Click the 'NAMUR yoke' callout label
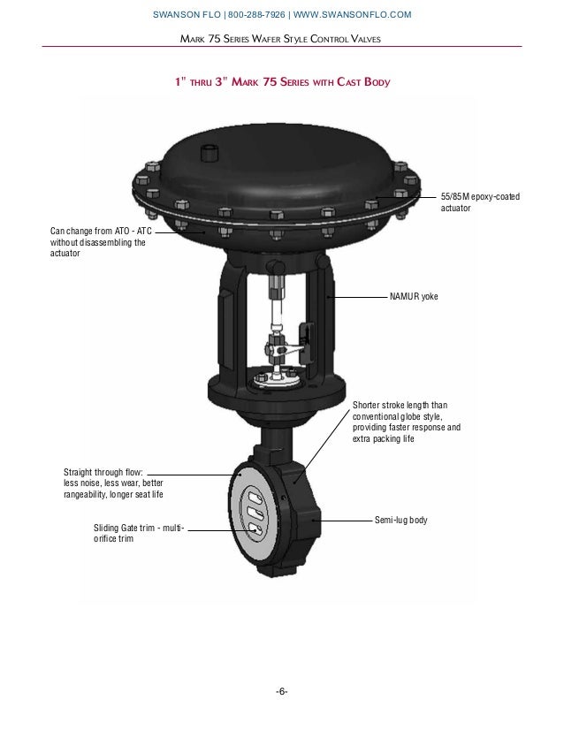413,298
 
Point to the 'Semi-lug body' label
401,520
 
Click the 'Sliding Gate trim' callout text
138,533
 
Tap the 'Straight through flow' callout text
113,483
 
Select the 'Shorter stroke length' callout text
406,422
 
